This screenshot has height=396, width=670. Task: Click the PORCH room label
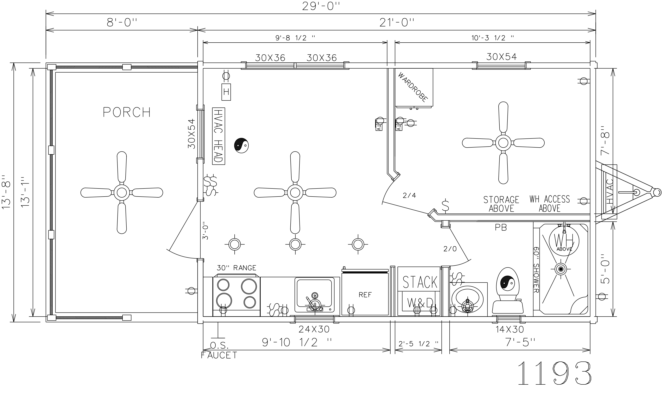127,112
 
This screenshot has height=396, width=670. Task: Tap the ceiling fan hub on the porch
122,192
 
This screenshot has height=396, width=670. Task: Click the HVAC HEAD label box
218,136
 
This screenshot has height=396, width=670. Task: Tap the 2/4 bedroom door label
409,196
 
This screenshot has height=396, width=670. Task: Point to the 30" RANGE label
236,268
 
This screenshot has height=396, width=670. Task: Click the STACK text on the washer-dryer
420,282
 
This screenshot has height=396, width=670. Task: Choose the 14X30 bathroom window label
510,330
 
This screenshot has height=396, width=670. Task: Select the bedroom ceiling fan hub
503,143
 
